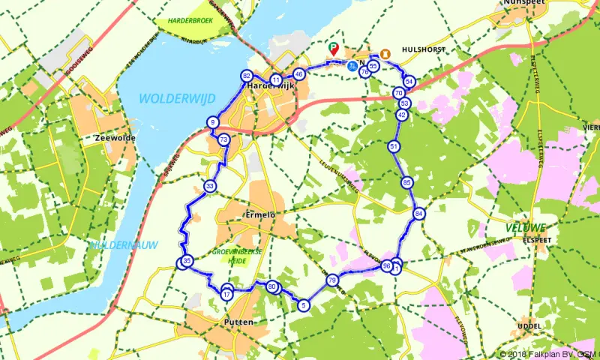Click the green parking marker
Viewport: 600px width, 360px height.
(334, 49)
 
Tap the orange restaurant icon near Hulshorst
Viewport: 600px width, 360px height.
(385, 54)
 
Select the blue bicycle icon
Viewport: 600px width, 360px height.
(352, 64)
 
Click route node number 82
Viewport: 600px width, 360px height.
(247, 76)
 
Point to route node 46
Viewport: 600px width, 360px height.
(299, 74)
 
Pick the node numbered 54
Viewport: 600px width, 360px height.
(409, 81)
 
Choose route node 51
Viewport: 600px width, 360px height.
(394, 147)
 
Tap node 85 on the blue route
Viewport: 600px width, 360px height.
(406, 182)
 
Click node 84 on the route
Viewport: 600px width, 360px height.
(418, 214)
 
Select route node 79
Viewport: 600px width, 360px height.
(332, 280)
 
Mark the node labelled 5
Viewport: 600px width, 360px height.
(304, 305)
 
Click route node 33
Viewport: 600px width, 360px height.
(210, 186)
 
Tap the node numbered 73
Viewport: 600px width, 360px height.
(223, 140)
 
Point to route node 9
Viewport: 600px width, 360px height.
(213, 123)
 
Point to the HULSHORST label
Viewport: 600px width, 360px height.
(424, 49)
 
